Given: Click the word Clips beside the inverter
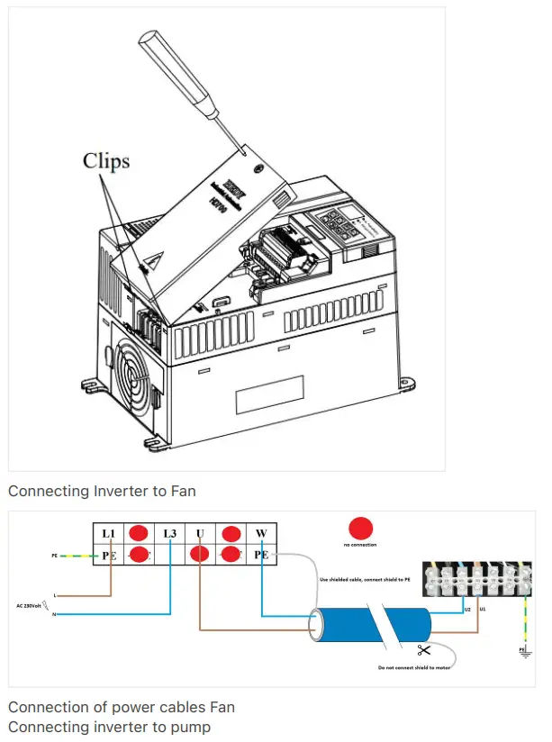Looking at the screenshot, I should coord(106,160).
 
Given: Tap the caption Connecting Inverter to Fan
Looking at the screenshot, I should coord(102,491).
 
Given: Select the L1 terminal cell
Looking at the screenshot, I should coord(109,534).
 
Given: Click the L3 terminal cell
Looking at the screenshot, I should coord(170,534).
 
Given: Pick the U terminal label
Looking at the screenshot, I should coord(200,534).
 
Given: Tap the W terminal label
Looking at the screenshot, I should coord(261,534).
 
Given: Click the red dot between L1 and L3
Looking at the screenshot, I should coord(140,534).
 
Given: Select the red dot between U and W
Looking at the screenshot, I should coord(231,534).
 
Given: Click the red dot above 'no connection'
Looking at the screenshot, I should coord(360,528).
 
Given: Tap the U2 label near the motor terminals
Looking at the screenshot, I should coord(467,610).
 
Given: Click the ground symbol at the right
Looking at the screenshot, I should coord(521,650).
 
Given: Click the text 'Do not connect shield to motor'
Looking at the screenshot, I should coord(414,667).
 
